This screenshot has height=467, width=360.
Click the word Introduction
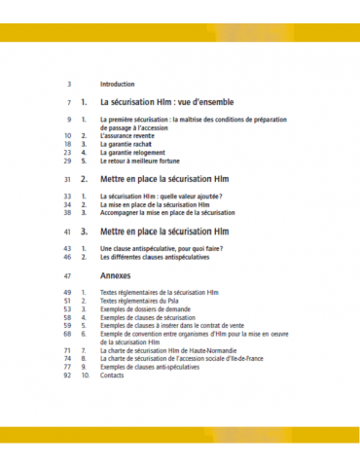click(117, 85)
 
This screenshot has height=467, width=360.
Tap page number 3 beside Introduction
click(69, 85)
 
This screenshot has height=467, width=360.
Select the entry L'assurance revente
click(126, 136)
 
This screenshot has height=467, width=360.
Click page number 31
click(67, 180)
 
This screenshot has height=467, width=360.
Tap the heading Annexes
click(116, 275)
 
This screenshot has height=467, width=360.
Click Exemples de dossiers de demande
click(150, 309)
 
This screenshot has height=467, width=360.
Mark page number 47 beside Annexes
click(67, 275)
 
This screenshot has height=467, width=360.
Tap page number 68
click(67, 334)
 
